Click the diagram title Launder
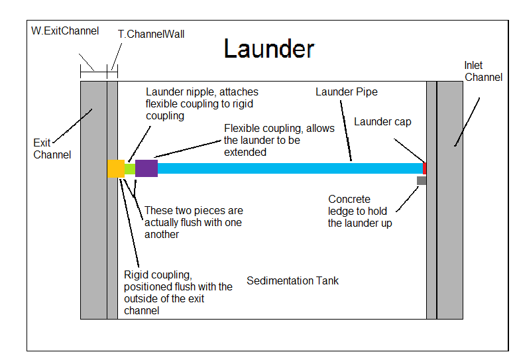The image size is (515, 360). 269,48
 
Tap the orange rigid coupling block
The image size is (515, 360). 116,168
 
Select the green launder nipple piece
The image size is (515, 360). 130,169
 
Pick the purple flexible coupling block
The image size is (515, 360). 146,168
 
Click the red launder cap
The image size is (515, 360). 424,168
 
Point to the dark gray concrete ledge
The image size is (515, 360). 422,180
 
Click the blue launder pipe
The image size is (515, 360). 290,168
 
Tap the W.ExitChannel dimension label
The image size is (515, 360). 65,31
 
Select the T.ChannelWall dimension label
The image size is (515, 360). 151,34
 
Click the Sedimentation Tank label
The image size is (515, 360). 293,281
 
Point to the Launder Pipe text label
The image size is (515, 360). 347,92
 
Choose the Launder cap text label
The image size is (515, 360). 382,122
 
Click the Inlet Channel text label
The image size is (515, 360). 483,72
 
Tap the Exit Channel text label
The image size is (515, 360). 52,149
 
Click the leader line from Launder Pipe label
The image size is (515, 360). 346,131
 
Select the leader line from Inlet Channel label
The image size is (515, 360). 467,122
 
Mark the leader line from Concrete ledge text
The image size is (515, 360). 407,200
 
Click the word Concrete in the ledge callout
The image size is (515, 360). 349,200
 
